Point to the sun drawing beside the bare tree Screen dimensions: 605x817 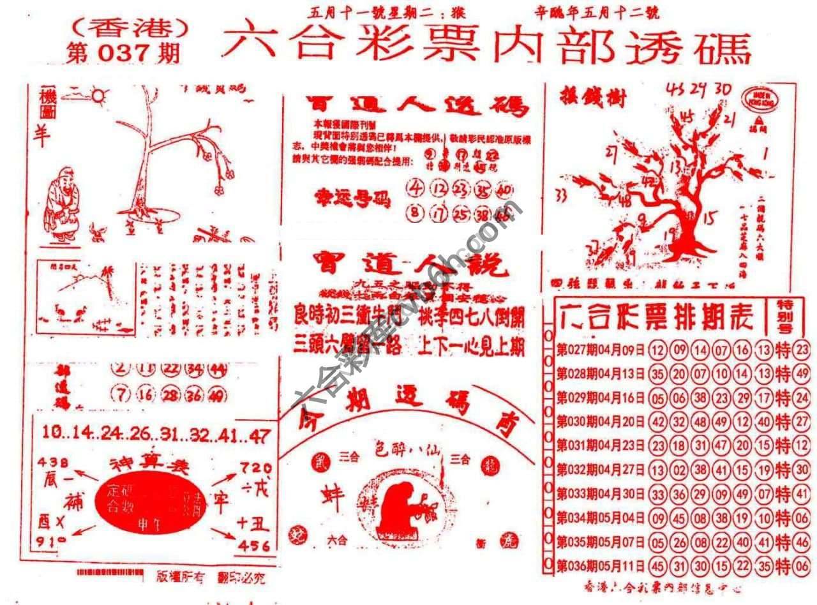tap(98, 96)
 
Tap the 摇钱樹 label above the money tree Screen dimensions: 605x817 tap(585, 99)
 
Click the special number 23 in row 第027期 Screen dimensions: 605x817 tap(802, 350)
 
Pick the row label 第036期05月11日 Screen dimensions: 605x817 tap(601, 565)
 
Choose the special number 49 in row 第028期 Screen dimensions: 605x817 tap(802, 373)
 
